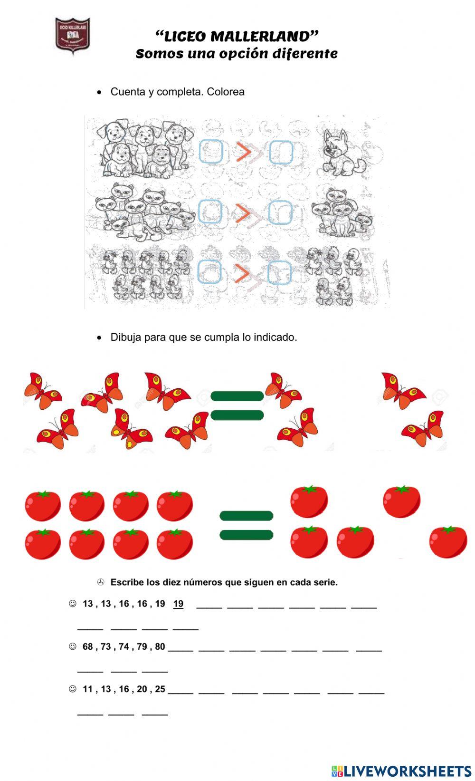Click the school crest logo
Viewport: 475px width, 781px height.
coord(72,35)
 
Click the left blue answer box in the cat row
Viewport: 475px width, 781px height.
coord(209,212)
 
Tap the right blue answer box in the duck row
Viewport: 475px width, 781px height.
coord(280,273)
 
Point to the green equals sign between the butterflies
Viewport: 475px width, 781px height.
coord(237,405)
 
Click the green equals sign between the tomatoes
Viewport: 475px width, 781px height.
coord(246,525)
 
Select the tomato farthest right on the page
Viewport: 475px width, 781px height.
coord(448,542)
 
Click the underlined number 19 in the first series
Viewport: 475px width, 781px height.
coord(178,604)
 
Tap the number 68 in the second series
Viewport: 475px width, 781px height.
coord(88,646)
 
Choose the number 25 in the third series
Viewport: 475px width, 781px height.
coord(160,689)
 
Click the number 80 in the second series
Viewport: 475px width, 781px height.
coord(160,646)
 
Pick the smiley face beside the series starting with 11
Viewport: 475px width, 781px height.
coord(73,689)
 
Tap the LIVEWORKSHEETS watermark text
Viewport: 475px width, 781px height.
coord(407,771)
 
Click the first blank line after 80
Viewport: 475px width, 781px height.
coord(180,649)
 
